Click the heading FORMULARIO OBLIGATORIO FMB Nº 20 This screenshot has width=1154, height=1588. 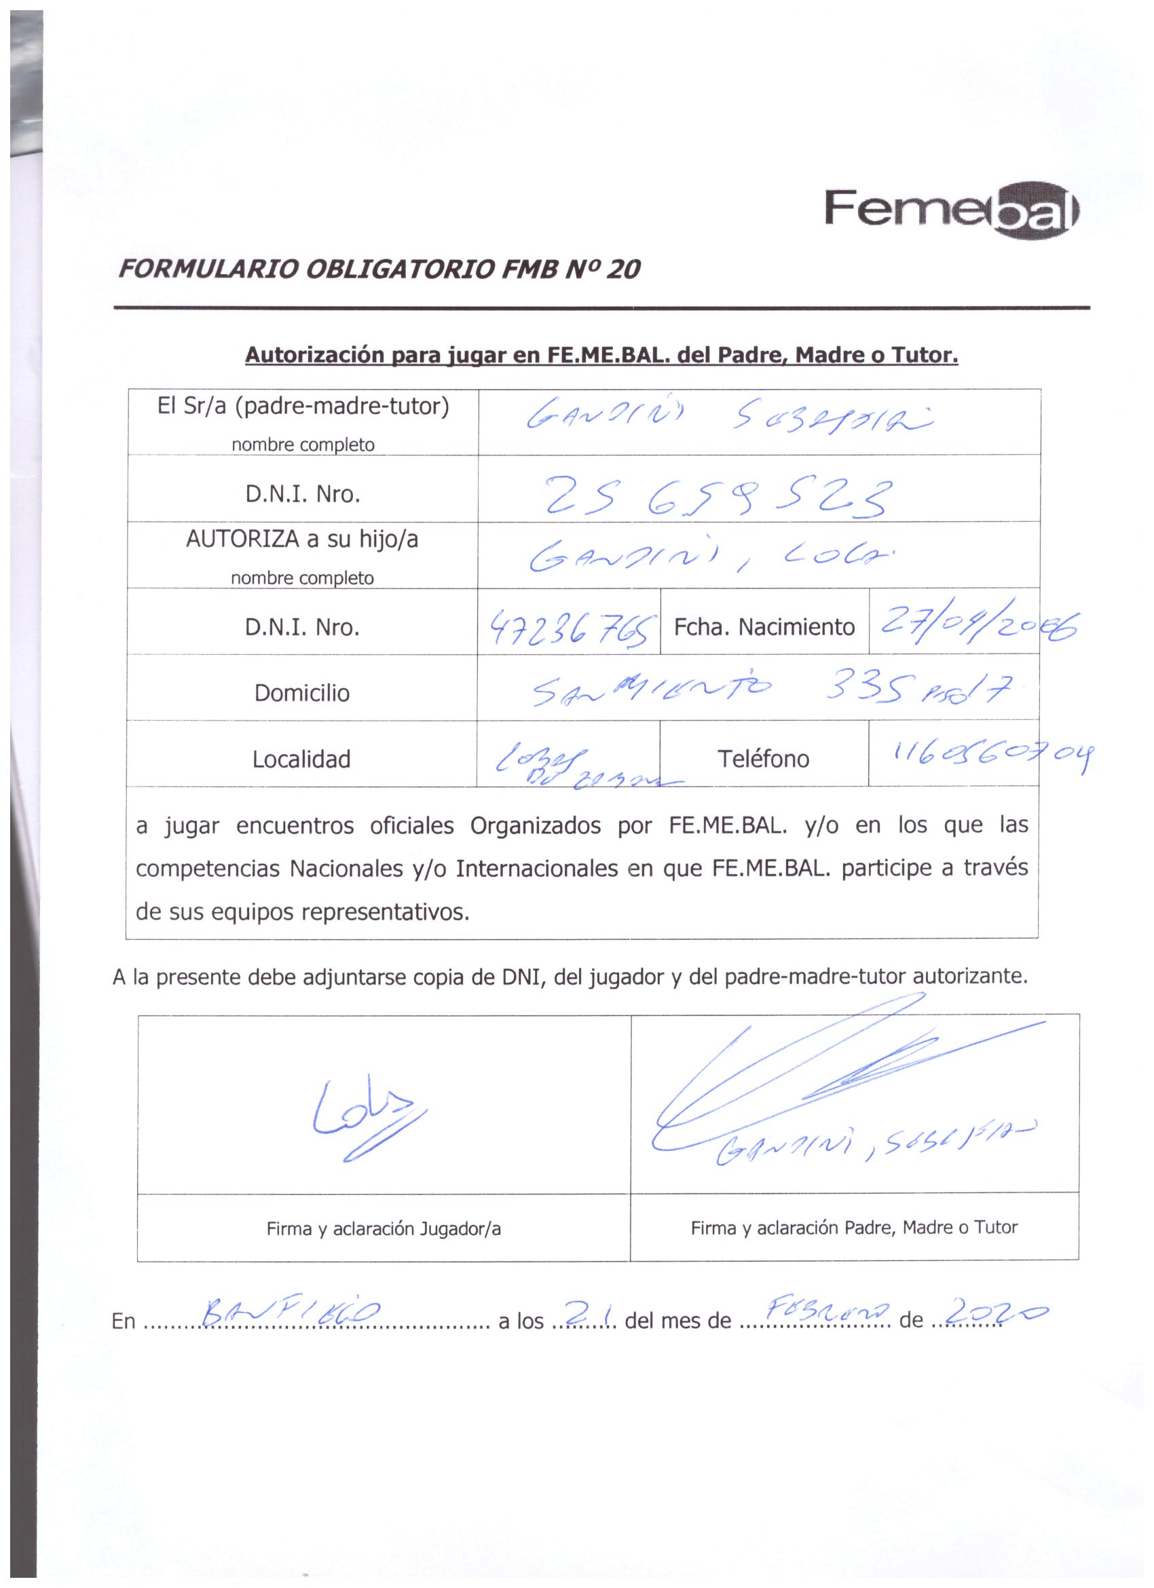379,269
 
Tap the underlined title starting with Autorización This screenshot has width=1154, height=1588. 601,356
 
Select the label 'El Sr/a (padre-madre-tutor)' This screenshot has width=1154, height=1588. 303,407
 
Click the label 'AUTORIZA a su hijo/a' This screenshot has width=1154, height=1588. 302,540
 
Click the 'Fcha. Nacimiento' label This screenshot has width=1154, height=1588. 764,626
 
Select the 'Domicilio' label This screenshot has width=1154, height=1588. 302,693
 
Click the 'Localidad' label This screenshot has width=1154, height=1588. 302,759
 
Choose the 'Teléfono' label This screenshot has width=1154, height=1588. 763,759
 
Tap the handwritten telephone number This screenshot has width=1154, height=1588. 987,755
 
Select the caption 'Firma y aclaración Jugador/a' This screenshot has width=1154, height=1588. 383,1229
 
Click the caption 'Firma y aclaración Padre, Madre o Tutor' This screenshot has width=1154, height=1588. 853,1228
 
